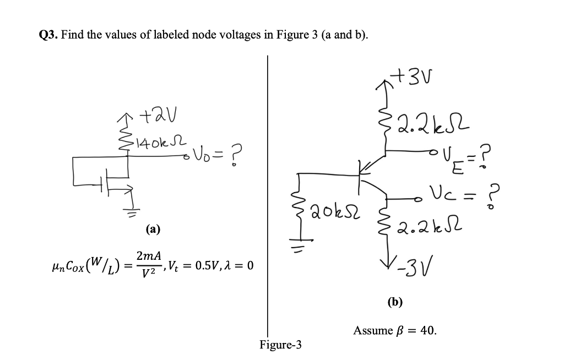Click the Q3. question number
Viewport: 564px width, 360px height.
[x=48, y=35]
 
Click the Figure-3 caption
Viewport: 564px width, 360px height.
[x=280, y=345]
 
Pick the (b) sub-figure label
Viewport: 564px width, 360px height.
[x=395, y=301]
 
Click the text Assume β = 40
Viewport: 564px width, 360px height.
[x=395, y=331]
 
